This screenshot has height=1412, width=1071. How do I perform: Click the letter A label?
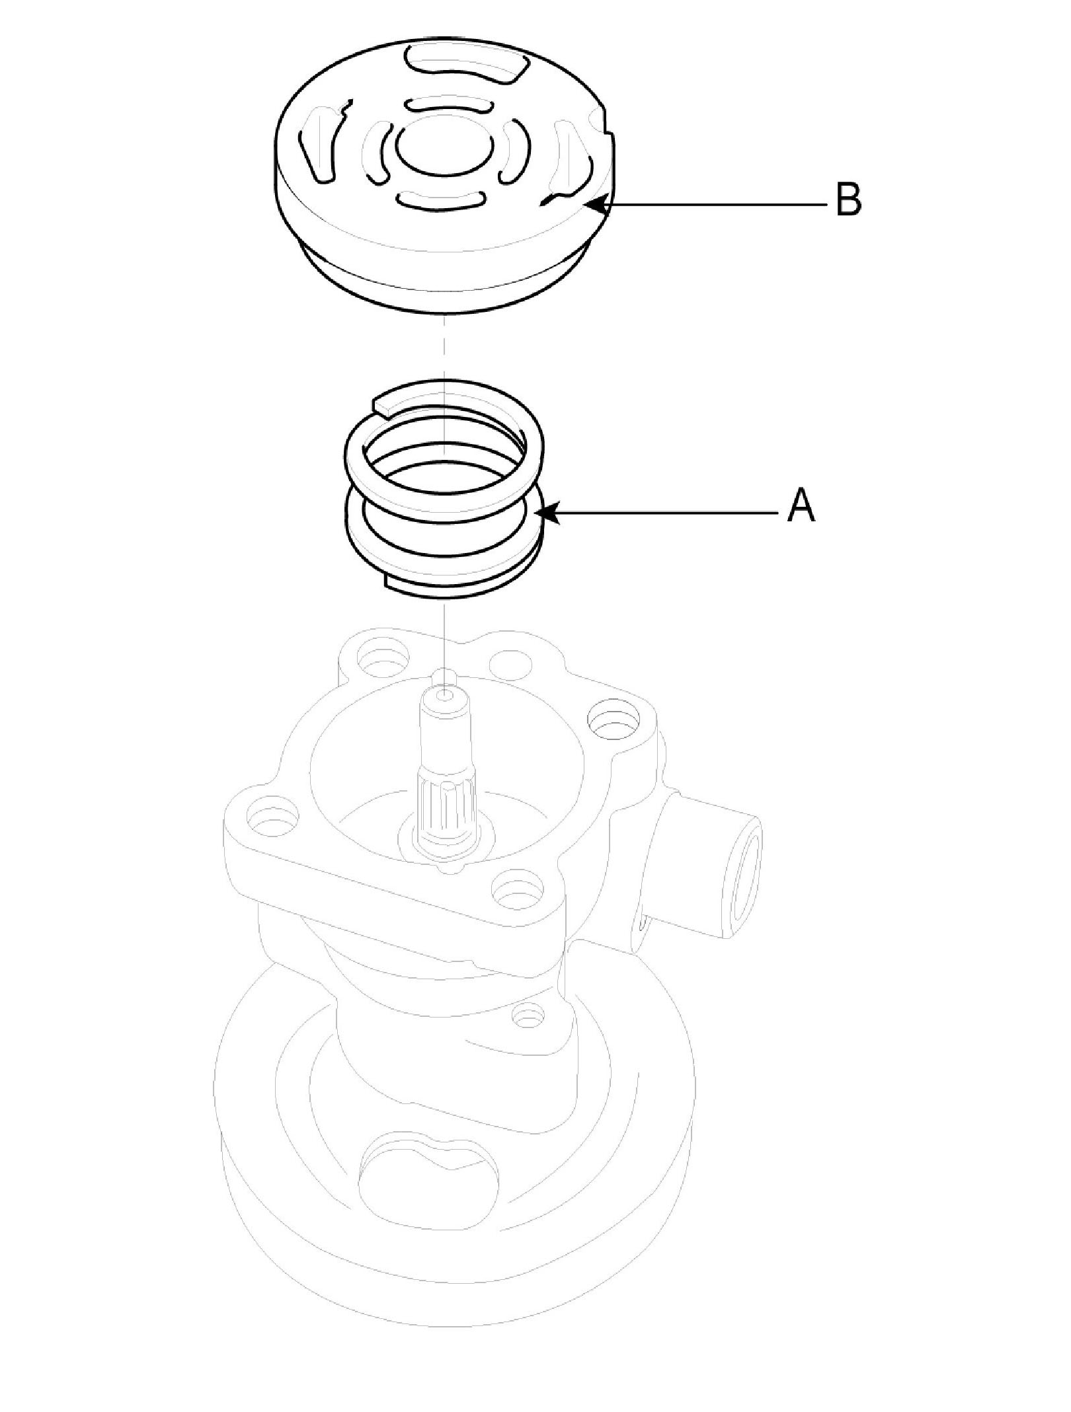[801, 507]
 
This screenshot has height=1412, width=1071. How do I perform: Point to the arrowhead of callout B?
[590, 204]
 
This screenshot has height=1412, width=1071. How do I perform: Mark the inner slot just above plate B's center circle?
[450, 104]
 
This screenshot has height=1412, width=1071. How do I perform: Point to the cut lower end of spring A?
[390, 581]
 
